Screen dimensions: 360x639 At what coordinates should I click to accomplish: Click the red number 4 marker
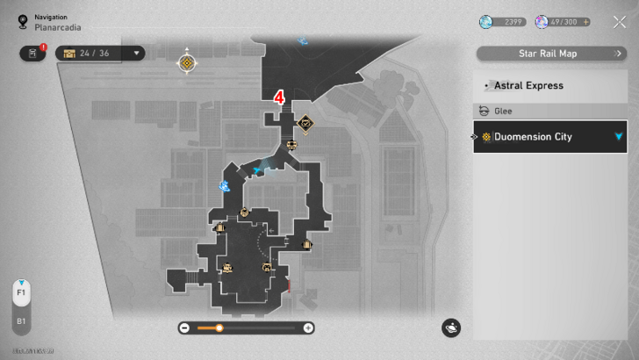point(279,97)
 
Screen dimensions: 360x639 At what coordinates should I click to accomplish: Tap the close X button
point(620,23)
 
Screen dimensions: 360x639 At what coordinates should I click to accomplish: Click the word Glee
point(504,112)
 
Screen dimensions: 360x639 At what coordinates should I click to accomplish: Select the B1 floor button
point(20,321)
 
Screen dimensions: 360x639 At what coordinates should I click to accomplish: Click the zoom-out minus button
point(184,328)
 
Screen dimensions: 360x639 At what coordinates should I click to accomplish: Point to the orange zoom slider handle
point(219,328)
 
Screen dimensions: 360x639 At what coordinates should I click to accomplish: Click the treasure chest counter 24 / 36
point(91,53)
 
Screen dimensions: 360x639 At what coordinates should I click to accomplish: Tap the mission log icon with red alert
point(32,53)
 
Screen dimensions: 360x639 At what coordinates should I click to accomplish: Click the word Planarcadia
point(60,27)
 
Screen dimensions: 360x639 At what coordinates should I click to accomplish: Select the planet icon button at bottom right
point(451,328)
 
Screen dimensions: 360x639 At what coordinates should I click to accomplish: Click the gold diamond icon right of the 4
point(305,122)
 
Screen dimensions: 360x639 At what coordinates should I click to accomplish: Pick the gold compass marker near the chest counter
point(187,62)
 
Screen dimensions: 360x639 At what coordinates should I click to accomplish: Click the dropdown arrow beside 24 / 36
point(137,53)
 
